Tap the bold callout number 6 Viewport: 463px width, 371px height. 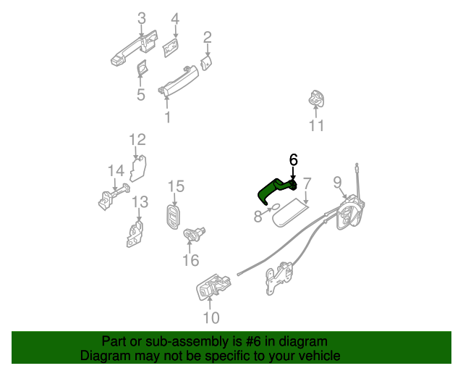(x=293, y=159)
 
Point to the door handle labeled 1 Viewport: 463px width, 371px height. (x=178, y=79)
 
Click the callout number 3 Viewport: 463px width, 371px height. (x=141, y=18)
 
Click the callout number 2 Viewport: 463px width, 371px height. (x=207, y=36)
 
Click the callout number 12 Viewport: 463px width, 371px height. (x=137, y=139)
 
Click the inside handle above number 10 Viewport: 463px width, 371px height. (x=213, y=287)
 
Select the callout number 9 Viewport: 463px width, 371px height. (x=336, y=181)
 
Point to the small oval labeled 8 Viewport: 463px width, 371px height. (x=275, y=211)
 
